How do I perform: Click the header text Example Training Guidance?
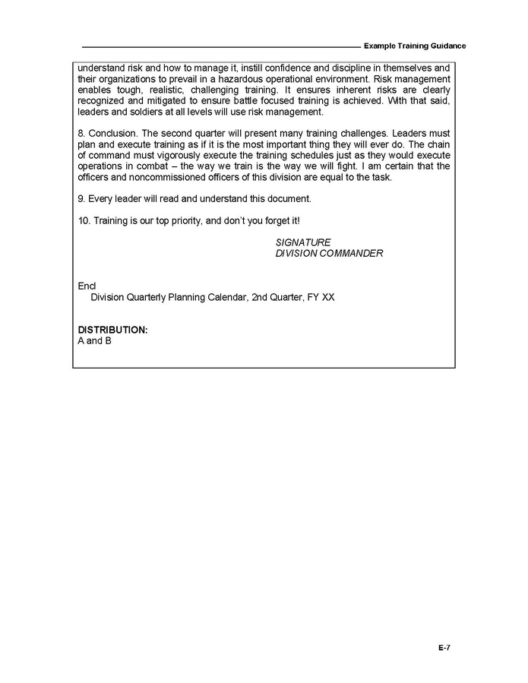point(415,46)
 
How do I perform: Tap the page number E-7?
point(444,648)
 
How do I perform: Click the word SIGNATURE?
point(303,242)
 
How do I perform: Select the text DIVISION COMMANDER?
point(329,254)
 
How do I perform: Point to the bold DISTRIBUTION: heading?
point(112,330)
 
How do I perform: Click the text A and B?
point(95,341)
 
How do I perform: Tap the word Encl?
point(87,286)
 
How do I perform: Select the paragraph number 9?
point(81,199)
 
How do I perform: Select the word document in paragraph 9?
point(289,199)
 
